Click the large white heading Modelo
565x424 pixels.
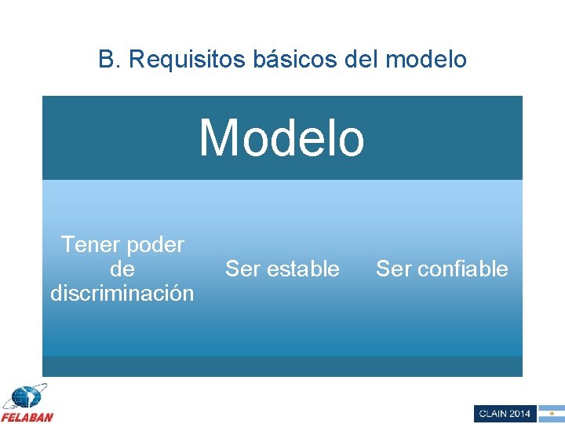282,138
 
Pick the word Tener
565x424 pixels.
90,245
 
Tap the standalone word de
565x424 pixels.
122,269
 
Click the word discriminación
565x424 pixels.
122,294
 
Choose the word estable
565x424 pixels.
301,269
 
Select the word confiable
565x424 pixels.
461,269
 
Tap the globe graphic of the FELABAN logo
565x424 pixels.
25,397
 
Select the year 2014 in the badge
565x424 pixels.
520,414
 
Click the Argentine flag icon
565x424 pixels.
551,414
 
